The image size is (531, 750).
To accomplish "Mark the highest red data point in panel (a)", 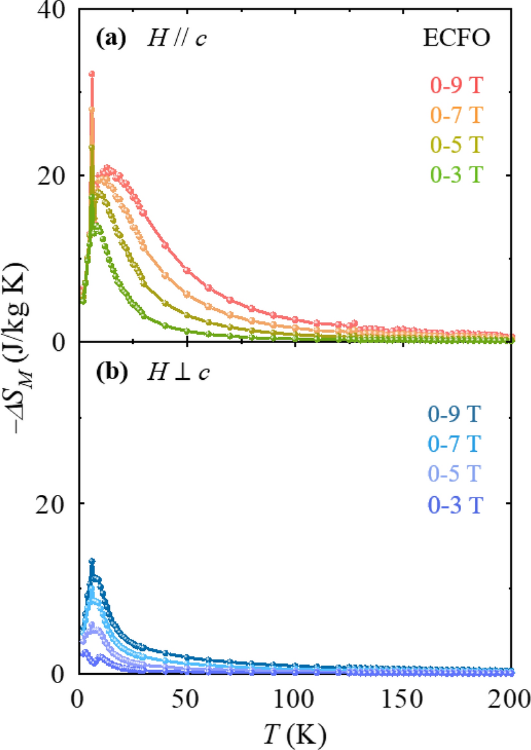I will [91, 74].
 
